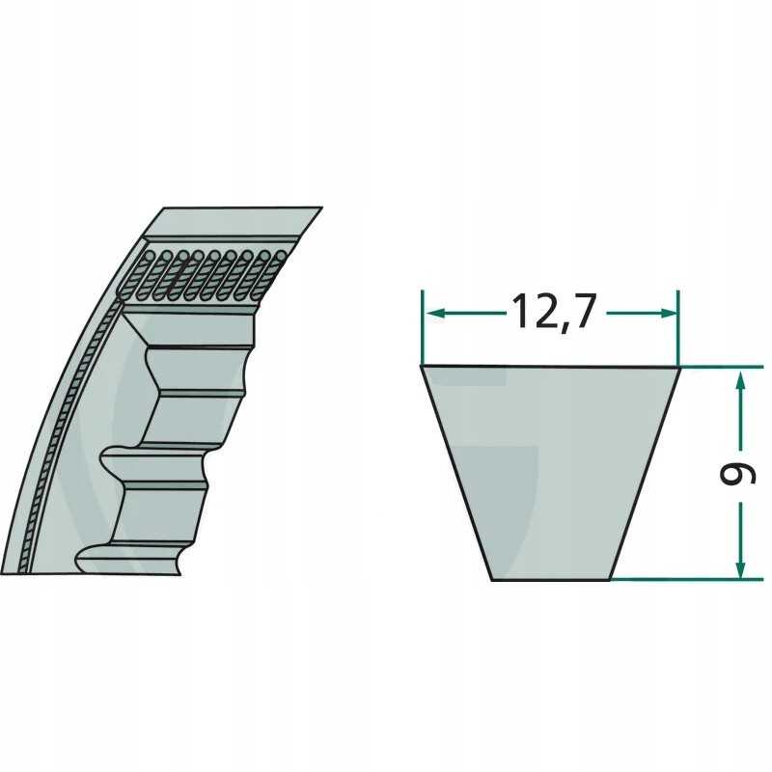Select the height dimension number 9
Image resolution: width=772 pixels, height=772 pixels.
coord(737,475)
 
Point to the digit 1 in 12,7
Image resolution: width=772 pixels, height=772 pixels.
coord(520,311)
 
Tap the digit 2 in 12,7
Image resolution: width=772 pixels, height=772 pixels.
coord(541,311)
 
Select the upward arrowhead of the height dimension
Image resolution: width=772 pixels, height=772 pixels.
coord(740,380)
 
